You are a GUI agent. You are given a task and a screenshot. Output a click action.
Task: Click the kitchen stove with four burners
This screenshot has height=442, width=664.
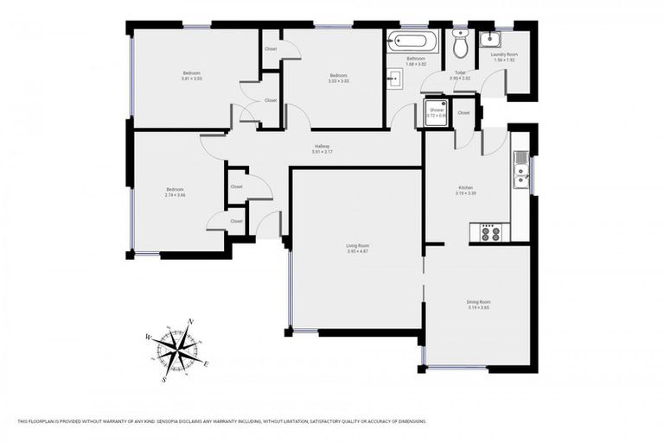tap(490, 231)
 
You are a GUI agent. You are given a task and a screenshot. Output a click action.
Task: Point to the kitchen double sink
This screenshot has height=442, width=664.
tap(520, 170)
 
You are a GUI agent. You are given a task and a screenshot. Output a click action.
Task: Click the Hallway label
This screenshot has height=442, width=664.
tap(322, 146)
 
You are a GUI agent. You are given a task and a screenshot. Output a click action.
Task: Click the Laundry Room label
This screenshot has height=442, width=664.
tap(505, 54)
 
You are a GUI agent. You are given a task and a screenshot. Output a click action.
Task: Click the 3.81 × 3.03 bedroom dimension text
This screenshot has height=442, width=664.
tap(191, 79)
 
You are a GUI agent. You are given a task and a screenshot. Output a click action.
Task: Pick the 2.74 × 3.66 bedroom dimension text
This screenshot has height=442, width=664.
tap(176, 195)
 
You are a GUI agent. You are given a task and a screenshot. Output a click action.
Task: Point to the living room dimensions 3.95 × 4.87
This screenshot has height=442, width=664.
tap(358, 251)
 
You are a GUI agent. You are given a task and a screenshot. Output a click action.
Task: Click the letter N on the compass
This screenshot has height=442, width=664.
tap(190, 321)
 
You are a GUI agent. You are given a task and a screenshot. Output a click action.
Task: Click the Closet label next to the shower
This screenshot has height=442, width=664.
tap(463, 113)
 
